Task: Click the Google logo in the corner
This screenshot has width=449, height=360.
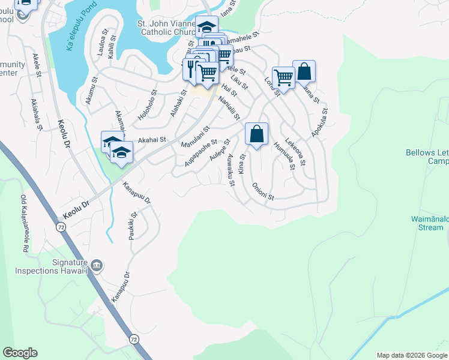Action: [20, 353]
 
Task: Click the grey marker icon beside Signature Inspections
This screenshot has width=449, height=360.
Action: [98, 264]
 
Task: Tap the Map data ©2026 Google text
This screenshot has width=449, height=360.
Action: [412, 355]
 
